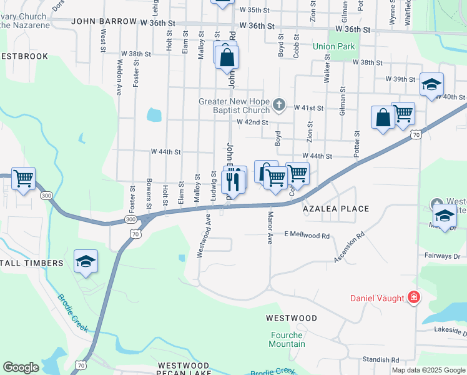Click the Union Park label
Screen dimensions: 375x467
coord(333,46)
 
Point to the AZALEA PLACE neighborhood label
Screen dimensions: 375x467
coord(336,209)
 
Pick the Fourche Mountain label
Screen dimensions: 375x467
coord(287,339)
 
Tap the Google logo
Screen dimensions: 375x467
coord(21,367)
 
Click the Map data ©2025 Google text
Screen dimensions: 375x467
coord(428,370)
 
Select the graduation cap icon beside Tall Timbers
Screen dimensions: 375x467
coord(86,261)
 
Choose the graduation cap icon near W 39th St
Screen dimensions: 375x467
coord(431,85)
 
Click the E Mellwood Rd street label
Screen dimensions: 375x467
coord(307,236)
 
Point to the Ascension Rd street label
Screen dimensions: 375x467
coord(349,248)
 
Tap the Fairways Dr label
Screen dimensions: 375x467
coord(443,256)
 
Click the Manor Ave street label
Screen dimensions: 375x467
coord(270,229)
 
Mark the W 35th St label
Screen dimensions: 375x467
coord(255,11)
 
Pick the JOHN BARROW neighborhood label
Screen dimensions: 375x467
coord(104,21)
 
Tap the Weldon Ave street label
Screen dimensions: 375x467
coord(119,77)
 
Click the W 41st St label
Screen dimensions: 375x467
coord(308,108)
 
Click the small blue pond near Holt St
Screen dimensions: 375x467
coord(154,115)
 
